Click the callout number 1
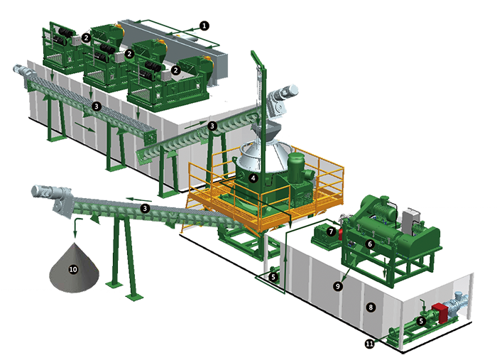coord(204,26)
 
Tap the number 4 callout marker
coord(253,178)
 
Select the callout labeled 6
coord(370,244)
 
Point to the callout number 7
coord(332,231)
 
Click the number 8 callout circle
coord(371,307)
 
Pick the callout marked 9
coord(338,286)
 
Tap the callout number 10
coord(73,269)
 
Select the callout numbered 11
coord(370,344)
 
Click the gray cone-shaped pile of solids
coord(74,268)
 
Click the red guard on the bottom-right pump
coord(439,312)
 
